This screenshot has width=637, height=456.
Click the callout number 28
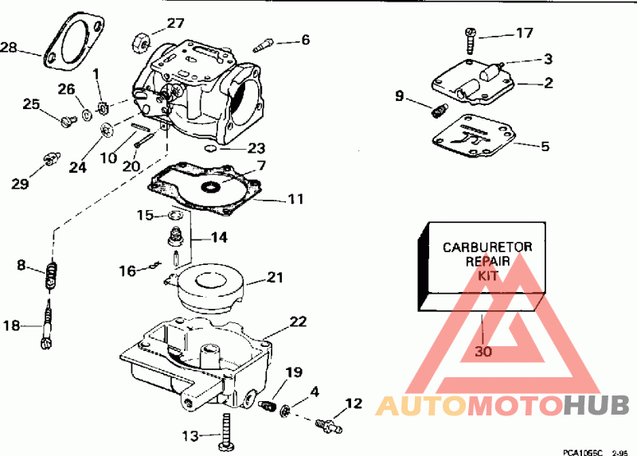click(9, 48)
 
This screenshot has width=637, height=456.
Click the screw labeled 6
click(266, 45)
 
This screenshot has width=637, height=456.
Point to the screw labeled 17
click(471, 35)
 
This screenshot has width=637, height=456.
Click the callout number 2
click(548, 81)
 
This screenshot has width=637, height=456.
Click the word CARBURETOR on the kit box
click(487, 247)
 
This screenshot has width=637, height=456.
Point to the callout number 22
click(297, 322)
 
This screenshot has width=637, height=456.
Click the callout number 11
click(295, 199)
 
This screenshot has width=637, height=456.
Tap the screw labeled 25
click(67, 120)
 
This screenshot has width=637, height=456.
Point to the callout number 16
click(127, 271)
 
